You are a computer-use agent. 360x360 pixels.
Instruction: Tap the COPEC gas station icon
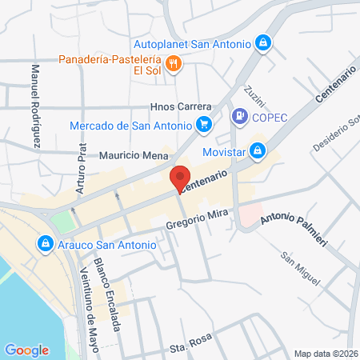click(238, 117)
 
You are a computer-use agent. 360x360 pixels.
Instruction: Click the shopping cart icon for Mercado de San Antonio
click(204, 125)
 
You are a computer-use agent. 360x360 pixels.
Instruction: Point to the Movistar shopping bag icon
click(257, 150)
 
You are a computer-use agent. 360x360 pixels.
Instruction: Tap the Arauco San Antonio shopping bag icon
click(45, 243)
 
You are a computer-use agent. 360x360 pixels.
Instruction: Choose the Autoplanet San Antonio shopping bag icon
click(263, 42)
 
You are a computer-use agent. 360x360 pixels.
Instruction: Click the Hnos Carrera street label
click(181, 106)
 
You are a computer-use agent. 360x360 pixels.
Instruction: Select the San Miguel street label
click(300, 270)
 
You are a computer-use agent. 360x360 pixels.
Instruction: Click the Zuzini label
click(254, 94)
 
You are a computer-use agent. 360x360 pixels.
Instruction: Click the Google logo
click(26, 350)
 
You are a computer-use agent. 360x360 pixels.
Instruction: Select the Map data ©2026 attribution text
click(325, 354)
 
